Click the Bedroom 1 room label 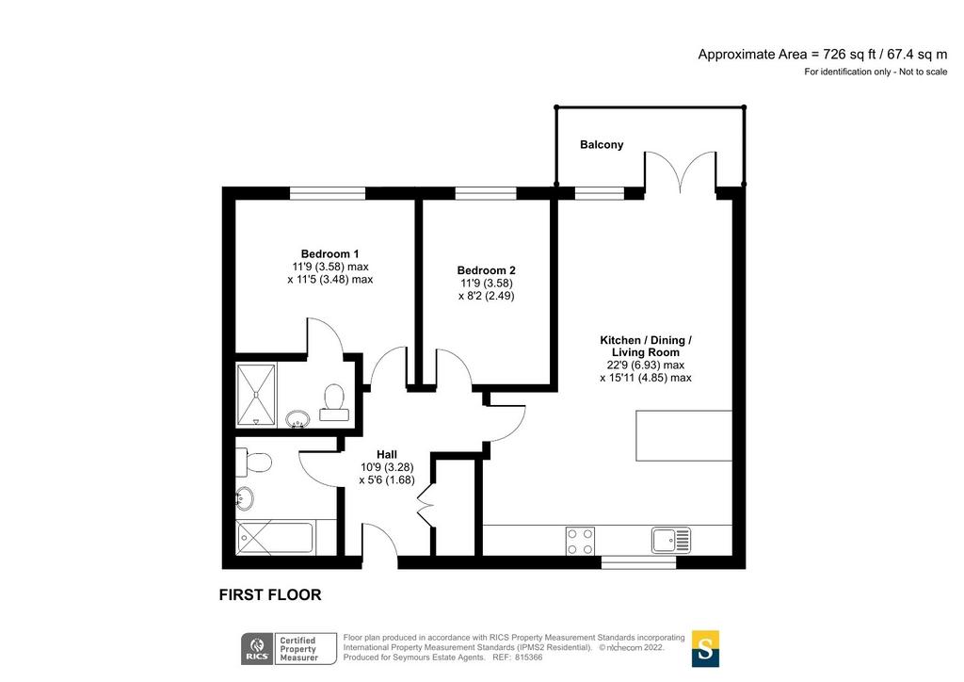329,254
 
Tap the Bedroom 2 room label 486,270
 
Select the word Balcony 602,144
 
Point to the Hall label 387,454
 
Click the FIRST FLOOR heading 270,594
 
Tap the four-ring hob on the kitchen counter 580,541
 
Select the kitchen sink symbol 670,540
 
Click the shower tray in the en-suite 256,394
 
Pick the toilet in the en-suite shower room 334,401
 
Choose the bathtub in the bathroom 275,538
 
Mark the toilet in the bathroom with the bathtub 253,463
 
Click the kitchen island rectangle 683,435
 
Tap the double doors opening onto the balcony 681,172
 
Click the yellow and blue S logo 705,648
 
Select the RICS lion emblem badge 258,649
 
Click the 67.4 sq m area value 917,54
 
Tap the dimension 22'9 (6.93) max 646,365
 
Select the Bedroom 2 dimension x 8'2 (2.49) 486,296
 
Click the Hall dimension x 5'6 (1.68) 387,480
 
